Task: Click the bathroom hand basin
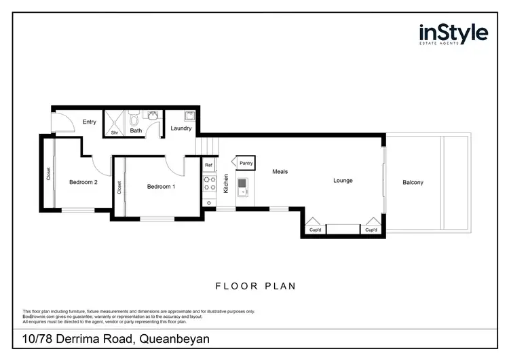click(x=153, y=116)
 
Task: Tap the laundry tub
click(x=190, y=115)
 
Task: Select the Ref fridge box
click(x=209, y=164)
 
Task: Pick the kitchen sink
click(x=244, y=185)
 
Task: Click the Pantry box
click(x=245, y=163)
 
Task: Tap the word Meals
click(x=280, y=172)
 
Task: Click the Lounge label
click(x=343, y=181)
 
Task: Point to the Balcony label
click(x=413, y=182)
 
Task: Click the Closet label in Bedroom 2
click(x=49, y=174)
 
